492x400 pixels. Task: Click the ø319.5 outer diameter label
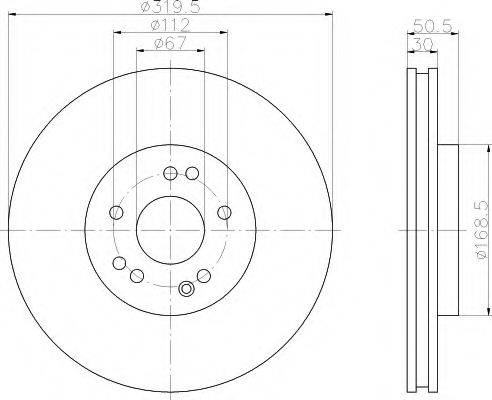coord(170,7)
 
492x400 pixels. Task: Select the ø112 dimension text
coord(170,25)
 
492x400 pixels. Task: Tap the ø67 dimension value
coord(170,44)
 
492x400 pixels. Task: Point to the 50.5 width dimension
coord(433,26)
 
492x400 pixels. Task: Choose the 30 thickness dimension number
coord(422,44)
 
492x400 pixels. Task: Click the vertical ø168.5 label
coord(483,230)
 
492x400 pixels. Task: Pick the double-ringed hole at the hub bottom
coord(186,289)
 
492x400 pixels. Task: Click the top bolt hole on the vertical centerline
coord(170,173)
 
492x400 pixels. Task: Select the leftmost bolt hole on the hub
coord(116,212)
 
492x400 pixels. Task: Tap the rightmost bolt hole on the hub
coord(225,212)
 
